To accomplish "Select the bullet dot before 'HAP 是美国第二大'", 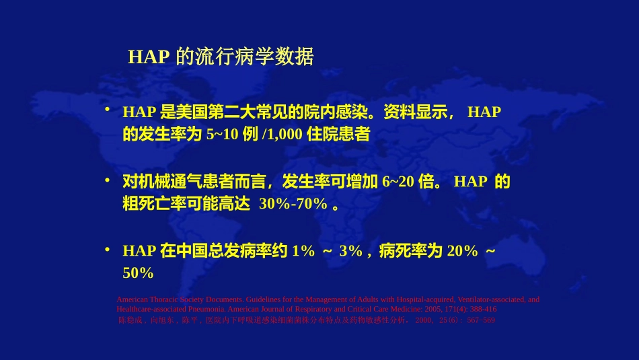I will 107,109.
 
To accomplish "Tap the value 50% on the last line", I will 138,274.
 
